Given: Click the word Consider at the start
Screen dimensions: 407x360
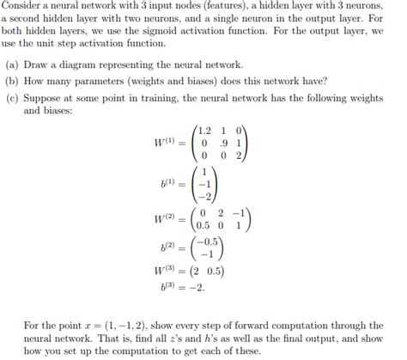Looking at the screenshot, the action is pyautogui.click(x=20, y=6).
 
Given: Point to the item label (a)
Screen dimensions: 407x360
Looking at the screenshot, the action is pyautogui.click(x=12, y=64).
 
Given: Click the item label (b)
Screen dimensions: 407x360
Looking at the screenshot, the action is pyautogui.click(x=12, y=82).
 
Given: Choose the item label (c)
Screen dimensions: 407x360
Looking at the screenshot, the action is pyautogui.click(x=12, y=97).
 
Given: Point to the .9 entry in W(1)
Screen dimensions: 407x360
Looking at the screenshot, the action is pyautogui.click(x=222, y=143).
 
